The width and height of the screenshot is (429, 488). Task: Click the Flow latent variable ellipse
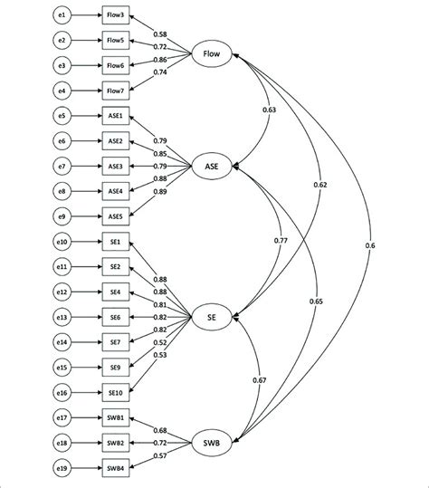coord(214,53)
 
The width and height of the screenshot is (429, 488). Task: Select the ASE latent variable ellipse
coord(212,165)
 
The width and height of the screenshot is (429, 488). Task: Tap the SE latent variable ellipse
coord(211,316)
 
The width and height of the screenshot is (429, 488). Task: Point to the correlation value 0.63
coord(269,110)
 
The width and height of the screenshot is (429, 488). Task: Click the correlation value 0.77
coord(281,241)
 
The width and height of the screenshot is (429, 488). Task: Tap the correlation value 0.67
coord(260,379)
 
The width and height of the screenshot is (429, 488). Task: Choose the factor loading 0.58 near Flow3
coord(160,33)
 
